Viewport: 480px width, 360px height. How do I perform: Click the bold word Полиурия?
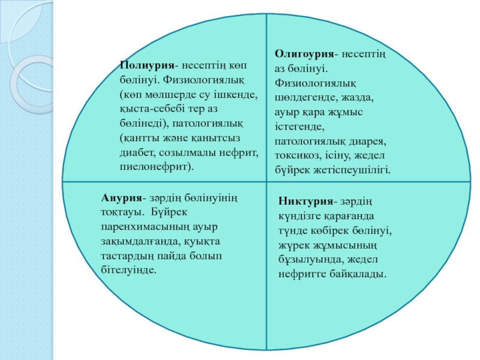click(x=147, y=65)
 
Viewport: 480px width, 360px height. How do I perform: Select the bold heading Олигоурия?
click(x=304, y=53)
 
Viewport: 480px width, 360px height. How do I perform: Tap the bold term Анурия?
click(x=122, y=198)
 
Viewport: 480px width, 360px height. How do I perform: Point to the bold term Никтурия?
click(x=305, y=201)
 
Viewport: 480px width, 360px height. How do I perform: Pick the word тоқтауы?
click(x=121, y=212)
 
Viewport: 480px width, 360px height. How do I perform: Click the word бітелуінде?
click(x=128, y=270)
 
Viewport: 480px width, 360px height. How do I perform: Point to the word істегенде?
click(x=299, y=127)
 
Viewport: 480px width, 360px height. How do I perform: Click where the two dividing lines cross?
click(x=266, y=182)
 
